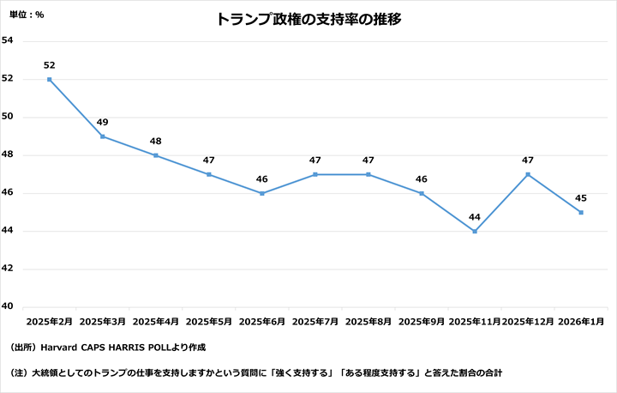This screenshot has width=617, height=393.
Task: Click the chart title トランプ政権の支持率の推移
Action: pos(308,19)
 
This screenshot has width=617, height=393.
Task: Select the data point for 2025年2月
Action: pos(50,79)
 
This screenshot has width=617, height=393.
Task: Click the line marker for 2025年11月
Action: pos(475,231)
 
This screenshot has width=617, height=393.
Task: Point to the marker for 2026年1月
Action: pos(581,212)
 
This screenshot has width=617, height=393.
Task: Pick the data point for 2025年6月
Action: pos(262,193)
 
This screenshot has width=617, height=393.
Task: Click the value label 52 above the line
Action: pos(50,65)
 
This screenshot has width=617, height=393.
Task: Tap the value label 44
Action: pos(475,217)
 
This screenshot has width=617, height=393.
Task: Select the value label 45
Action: pos(581,198)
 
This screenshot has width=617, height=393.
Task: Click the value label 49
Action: pos(103,122)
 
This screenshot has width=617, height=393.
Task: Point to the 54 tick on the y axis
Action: pos(8,40)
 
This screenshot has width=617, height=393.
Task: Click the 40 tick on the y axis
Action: pos(8,306)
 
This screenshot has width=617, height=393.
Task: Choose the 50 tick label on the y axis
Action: pos(8,117)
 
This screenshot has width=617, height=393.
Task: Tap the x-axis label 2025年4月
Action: pos(156,322)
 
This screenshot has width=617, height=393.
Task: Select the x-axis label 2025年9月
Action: pos(422,322)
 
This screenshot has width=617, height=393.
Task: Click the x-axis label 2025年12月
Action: pos(527,322)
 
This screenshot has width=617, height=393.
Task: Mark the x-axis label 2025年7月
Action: pos(315,322)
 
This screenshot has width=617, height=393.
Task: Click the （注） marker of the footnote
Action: pos(20,373)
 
